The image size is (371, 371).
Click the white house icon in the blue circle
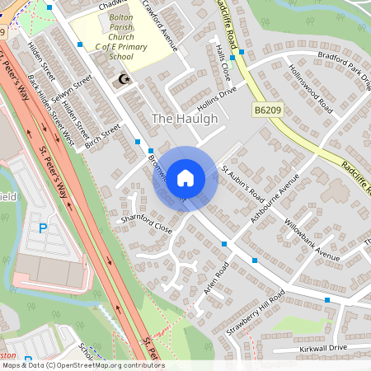click(185, 178)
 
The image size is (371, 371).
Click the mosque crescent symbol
click(125, 80)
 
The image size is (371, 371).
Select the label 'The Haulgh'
click(185, 119)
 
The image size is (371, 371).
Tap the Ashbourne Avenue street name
click(275, 201)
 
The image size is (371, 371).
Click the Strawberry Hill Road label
click(256, 312)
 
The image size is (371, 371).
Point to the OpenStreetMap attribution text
click(82, 364)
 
